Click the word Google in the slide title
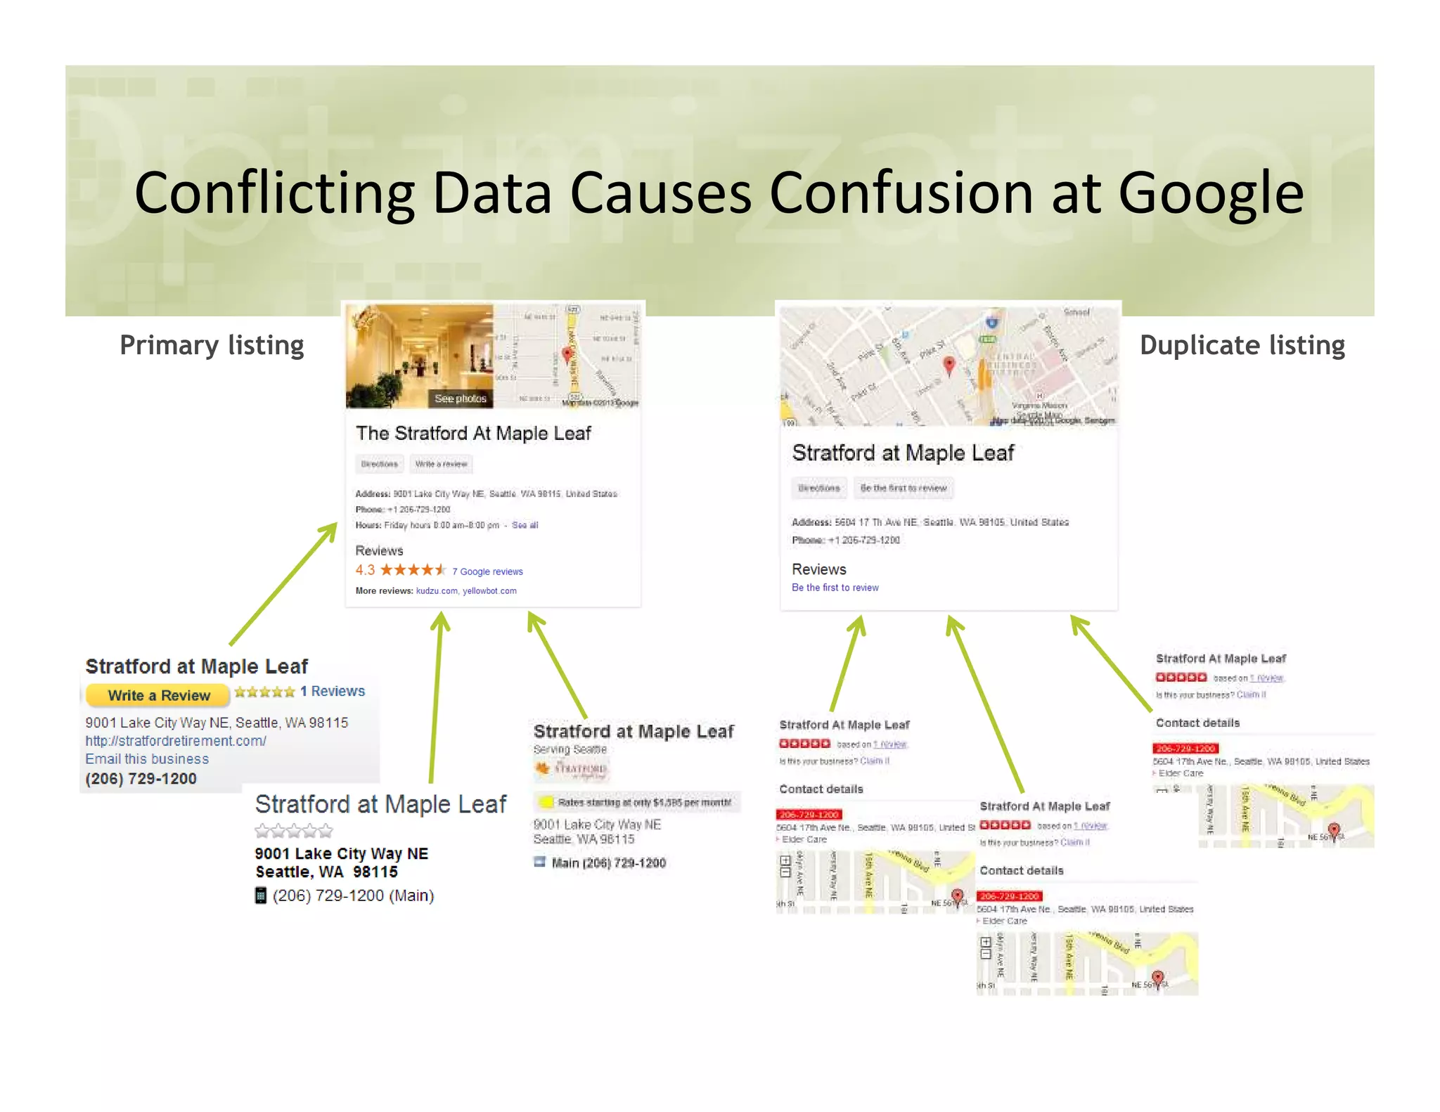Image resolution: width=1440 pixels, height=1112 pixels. click(1210, 194)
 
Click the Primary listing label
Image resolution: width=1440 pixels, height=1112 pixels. click(212, 345)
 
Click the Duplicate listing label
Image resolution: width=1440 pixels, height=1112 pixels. click(1242, 345)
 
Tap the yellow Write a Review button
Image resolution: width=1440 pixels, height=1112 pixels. click(158, 695)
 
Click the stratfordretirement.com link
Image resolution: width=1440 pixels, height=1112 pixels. click(176, 741)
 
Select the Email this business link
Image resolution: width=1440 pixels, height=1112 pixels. click(147, 759)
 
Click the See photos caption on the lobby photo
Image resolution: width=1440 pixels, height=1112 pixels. click(460, 399)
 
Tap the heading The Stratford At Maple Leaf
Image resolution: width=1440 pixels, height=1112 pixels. click(473, 433)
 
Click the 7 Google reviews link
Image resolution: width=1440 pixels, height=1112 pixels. click(487, 571)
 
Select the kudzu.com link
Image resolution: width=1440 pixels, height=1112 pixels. click(436, 591)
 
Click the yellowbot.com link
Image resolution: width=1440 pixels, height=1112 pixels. click(489, 591)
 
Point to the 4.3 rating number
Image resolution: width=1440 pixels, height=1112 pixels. click(365, 570)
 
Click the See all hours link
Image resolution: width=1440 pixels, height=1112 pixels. click(525, 525)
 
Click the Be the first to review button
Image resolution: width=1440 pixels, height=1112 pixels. click(903, 488)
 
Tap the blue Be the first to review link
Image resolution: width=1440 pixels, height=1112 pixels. click(835, 588)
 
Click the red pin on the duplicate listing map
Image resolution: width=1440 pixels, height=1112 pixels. click(949, 364)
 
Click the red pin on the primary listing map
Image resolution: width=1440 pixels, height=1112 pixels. click(567, 354)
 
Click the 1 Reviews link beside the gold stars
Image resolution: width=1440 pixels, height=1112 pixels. click(333, 691)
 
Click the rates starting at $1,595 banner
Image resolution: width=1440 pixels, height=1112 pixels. click(636, 802)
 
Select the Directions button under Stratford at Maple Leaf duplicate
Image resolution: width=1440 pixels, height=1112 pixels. click(818, 488)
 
